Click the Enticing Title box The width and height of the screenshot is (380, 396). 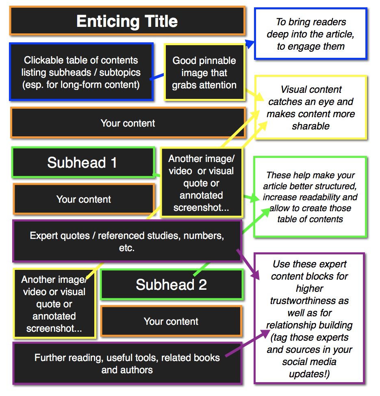pos(127,21)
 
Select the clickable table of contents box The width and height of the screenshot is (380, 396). pos(81,72)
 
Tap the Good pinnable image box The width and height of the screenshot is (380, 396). pos(204,73)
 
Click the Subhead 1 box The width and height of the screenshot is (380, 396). pos(83,162)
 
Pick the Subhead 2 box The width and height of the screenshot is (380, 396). pos(171,284)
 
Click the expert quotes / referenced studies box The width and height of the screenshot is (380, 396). pos(127,241)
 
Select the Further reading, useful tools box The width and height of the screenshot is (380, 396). pos(127,363)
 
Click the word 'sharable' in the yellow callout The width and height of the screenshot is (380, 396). pos(311,126)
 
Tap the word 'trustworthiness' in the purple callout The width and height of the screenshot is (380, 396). pos(309,301)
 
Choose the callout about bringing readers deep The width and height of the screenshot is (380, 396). pos(311,34)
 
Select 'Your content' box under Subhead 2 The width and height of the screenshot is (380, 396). pos(171,321)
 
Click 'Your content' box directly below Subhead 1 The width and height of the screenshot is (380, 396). pos(83,199)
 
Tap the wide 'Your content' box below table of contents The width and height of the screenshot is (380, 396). pos(128,123)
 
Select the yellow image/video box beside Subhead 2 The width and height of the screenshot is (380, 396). pos(54,304)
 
